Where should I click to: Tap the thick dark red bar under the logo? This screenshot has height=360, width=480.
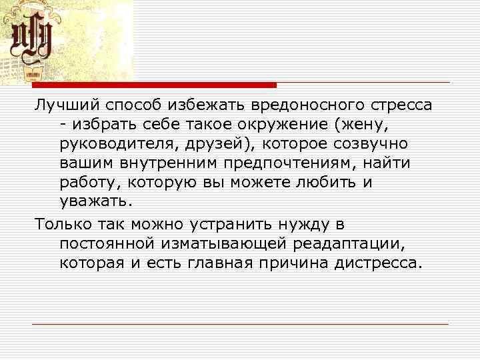(x=154, y=85)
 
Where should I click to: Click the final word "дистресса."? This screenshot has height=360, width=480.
(x=377, y=263)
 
